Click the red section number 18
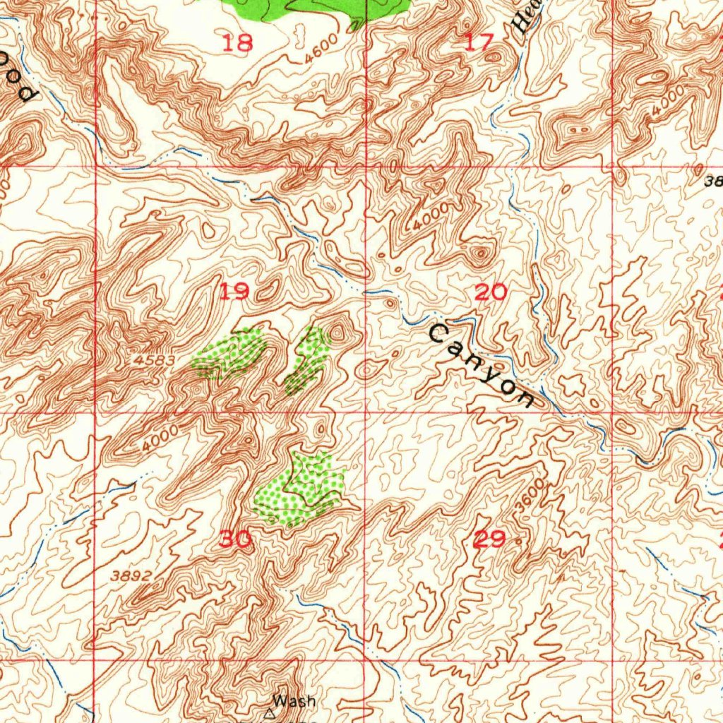point(237,44)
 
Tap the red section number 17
point(480,42)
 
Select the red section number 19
point(234,291)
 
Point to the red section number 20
point(490,291)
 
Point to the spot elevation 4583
point(153,360)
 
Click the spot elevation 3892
point(131,575)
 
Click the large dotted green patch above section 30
point(300,489)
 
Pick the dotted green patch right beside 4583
point(229,353)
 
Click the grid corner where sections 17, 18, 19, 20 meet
point(366,167)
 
